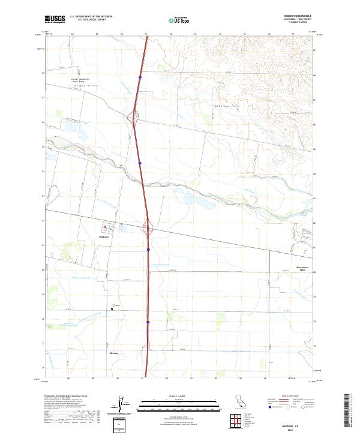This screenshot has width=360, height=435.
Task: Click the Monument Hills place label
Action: [302, 269]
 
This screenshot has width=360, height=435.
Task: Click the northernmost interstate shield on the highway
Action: [140, 77]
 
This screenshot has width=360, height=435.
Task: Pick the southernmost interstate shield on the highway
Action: [148, 322]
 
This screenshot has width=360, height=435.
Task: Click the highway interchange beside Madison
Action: [148, 227]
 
